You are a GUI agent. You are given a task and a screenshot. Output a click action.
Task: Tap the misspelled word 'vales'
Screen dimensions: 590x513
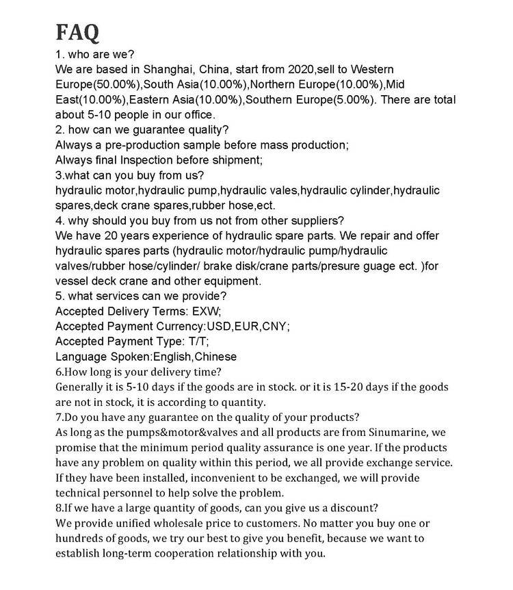coord(282,190)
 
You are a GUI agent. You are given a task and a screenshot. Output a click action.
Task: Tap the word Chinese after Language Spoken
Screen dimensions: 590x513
coord(215,356)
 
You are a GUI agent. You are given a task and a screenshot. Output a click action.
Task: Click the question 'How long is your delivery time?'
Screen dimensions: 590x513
coord(137,372)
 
